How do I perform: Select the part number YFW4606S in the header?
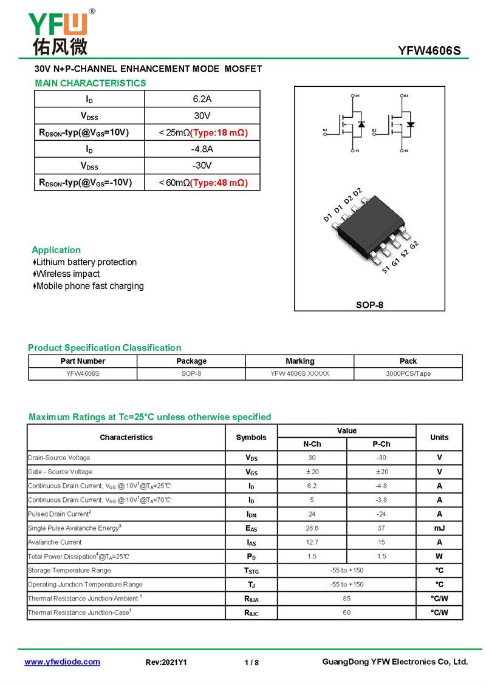430,51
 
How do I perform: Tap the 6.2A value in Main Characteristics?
202,99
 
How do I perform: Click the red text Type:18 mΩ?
219,132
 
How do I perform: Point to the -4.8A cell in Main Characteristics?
202,149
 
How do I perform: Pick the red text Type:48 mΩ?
219,183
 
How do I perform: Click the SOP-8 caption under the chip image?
369,305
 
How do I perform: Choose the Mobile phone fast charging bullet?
90,286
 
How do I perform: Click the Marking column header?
300,361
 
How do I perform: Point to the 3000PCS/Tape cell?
408,374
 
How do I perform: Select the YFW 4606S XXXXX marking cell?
300,374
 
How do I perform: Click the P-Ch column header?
381,444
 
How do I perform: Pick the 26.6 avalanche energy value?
312,528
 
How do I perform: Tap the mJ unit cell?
439,528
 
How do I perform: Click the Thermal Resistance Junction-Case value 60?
346,613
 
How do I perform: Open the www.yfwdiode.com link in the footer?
62,662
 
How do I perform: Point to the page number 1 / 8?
252,662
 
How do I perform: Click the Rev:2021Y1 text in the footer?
166,662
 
